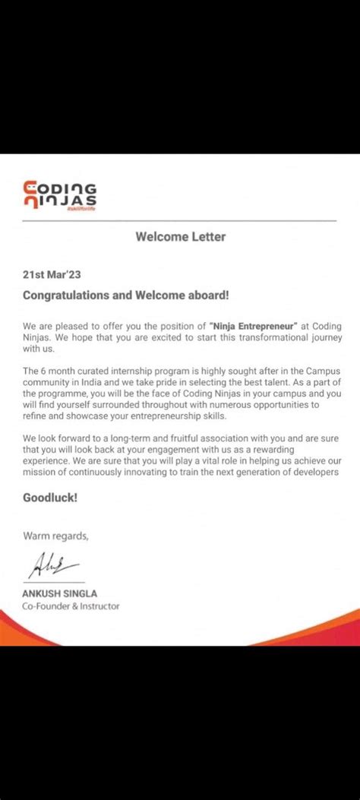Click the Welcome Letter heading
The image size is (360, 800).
(180, 236)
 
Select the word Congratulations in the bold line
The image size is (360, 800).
(67, 294)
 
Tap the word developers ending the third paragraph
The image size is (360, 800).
(311, 473)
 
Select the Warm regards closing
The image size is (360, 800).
(55, 536)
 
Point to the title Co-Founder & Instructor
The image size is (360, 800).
(71, 606)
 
